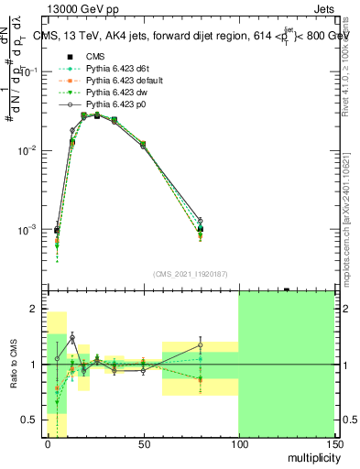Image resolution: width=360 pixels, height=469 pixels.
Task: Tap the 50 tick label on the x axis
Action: pyautogui.click(x=142, y=443)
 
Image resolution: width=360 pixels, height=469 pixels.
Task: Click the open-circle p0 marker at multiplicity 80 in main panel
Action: pyautogui.click(x=201, y=221)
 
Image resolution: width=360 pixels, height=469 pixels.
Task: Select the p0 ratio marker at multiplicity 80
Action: pyautogui.click(x=201, y=344)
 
